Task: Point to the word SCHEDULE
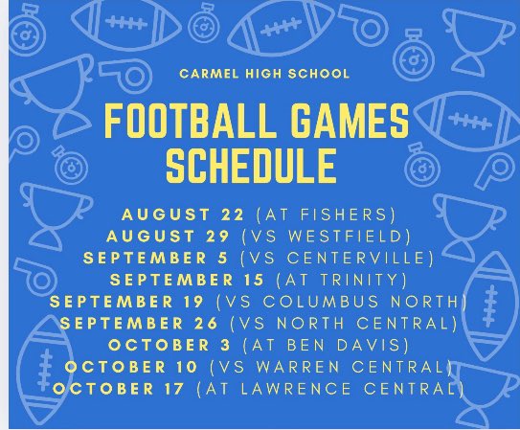pos(252,167)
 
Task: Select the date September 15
pos(170,281)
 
